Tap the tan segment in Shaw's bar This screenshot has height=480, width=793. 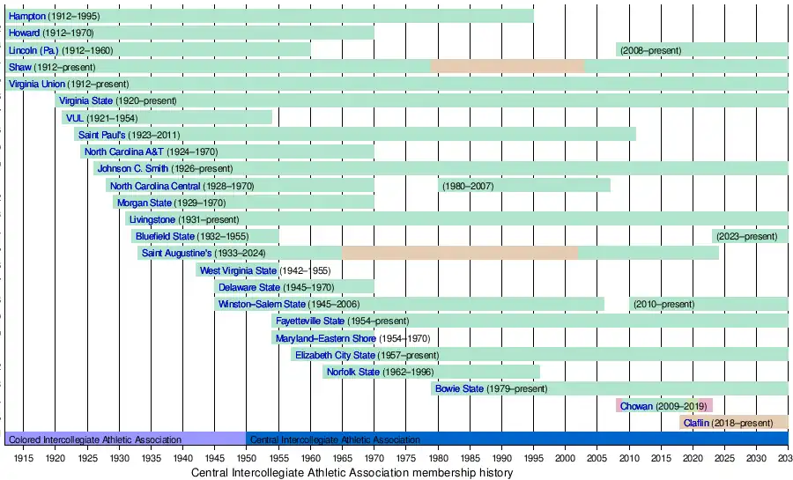click(x=507, y=67)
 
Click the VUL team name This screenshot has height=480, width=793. click(x=74, y=118)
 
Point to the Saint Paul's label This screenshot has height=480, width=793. click(x=101, y=135)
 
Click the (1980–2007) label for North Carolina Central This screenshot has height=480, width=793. click(x=468, y=186)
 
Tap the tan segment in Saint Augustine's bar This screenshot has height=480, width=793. click(x=459, y=254)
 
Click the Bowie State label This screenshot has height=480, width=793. click(x=459, y=388)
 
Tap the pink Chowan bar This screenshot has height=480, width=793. click(x=663, y=406)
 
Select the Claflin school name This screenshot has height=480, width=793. click(x=696, y=423)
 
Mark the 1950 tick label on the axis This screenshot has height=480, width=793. click(x=247, y=459)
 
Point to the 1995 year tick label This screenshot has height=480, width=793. click(x=534, y=459)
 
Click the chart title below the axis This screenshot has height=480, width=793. click(x=352, y=473)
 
